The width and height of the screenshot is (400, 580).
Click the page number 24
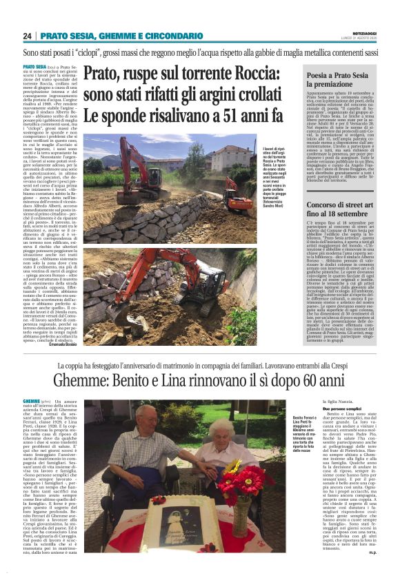[28, 36]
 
